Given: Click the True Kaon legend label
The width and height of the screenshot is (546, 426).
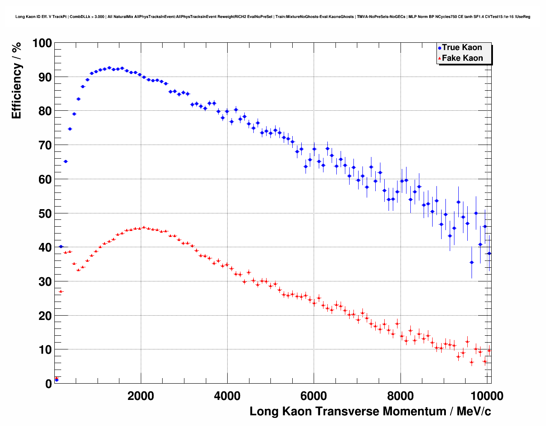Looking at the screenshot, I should pos(462,47).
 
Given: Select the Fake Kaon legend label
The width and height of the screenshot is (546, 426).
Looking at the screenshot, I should pos(462,58).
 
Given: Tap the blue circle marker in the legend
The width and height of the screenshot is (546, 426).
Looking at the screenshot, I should pos(439,48).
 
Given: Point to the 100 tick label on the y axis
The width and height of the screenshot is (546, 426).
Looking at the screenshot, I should pos(42,43).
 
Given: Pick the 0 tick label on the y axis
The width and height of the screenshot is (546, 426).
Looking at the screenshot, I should pos(48,384).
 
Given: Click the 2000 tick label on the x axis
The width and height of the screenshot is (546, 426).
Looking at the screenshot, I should pos(141,396).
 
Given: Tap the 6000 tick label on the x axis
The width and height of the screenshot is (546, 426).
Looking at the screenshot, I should pos(314,396).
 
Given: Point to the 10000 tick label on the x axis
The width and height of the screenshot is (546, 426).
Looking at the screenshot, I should pos(487,396).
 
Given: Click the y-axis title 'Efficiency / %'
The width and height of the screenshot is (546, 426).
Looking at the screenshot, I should pos(16,80).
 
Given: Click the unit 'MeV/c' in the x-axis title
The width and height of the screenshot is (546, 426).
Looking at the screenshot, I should pos(474,411).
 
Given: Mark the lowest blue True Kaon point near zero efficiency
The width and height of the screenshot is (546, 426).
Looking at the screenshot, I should pos(56,380).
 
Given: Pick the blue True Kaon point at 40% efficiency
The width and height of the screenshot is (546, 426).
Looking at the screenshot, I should pos(61,246).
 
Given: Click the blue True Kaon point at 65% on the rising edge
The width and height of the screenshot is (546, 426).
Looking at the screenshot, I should pos(65,161).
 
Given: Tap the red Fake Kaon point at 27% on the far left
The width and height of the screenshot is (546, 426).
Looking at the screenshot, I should pos(61,291).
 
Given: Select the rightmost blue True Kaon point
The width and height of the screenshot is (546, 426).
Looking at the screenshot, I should pos(489,253).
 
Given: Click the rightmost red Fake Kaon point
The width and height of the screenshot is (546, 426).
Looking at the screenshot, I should pos(489,350).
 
